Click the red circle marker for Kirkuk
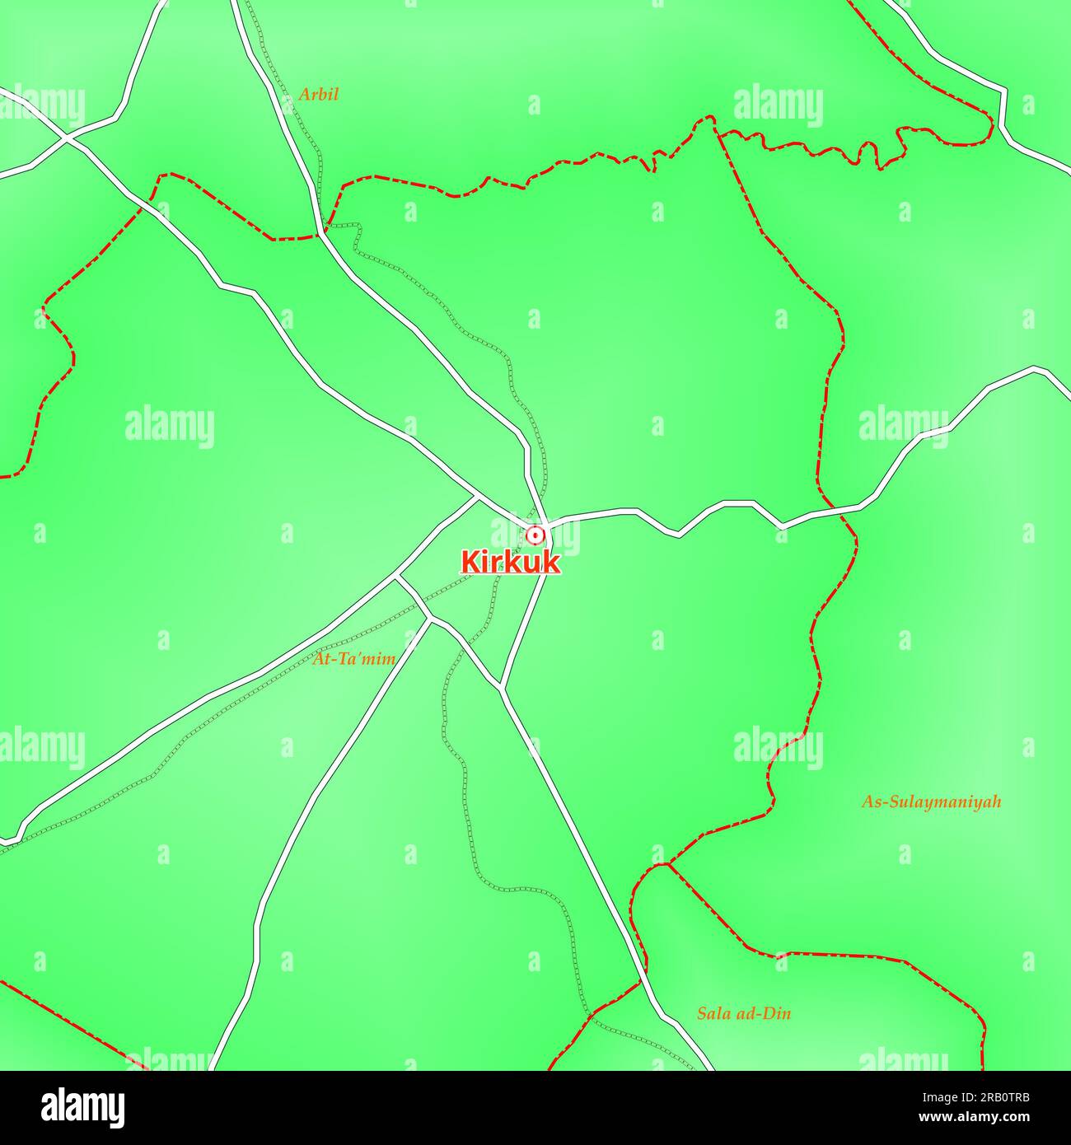point(535,535)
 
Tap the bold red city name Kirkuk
point(511,563)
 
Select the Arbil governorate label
point(318,95)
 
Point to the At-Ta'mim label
point(354,659)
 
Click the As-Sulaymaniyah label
point(931,801)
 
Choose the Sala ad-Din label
point(743,1013)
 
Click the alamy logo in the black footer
point(82,1106)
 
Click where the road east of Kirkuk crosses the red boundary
point(834,511)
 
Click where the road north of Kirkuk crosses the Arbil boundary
point(320,235)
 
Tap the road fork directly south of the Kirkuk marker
point(501,686)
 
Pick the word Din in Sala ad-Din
point(776,1013)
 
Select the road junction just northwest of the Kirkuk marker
point(478,497)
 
